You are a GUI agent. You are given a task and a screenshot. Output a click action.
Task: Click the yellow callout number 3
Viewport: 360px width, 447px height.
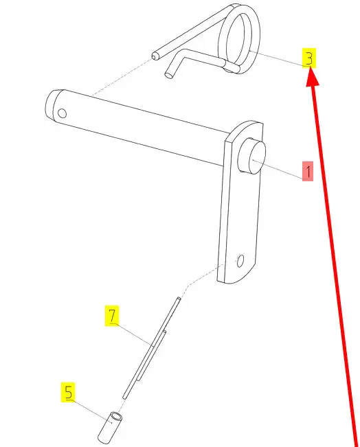pos(309,58)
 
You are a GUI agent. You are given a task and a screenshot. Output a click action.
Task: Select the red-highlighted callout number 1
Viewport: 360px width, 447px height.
pos(308,171)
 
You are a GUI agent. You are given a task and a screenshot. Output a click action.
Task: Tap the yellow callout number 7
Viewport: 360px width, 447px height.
pos(112,315)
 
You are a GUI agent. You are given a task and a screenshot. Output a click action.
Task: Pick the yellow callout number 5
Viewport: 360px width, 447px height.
pos(68,392)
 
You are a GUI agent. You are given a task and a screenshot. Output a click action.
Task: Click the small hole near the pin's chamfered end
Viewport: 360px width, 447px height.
pos(63,113)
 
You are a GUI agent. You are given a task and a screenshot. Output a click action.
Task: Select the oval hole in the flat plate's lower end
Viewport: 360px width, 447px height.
pos(240,261)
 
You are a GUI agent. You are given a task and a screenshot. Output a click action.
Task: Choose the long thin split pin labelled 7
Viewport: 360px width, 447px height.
pos(151,348)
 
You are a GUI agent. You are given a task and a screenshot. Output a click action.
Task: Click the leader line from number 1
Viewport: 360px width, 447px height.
pos(278,170)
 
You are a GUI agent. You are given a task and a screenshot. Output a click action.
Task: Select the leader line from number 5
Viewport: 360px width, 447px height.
pos(89,412)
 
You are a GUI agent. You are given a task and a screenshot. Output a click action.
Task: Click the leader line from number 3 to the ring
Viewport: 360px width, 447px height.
pos(277,59)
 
